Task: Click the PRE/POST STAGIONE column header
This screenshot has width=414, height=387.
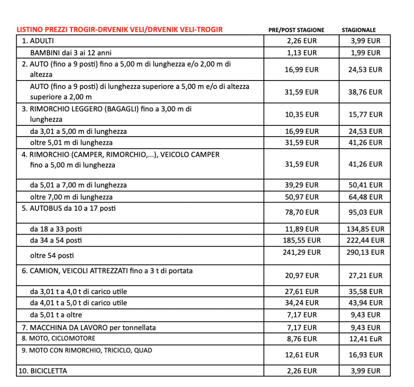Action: click(x=296, y=30)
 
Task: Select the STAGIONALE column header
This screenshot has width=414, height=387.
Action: click(x=359, y=30)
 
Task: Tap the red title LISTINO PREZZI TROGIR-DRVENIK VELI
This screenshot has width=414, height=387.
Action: click(x=119, y=30)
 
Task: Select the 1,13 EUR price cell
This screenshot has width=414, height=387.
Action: click(x=302, y=53)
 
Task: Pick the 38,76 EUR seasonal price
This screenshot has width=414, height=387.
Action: click(x=365, y=92)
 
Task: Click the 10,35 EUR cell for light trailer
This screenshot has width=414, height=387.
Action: click(x=302, y=114)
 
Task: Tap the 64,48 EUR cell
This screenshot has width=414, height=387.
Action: click(x=365, y=197)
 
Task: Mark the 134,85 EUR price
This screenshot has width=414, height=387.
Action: click(x=365, y=229)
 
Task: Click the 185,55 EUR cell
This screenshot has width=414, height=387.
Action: click(x=302, y=240)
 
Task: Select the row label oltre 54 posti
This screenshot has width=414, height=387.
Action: click(x=52, y=256)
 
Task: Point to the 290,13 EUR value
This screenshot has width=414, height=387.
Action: click(x=365, y=252)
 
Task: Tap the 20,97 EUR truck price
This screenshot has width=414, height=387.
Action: click(x=302, y=275)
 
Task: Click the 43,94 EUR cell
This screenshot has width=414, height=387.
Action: click(x=365, y=303)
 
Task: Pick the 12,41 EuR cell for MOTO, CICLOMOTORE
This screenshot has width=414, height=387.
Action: click(x=365, y=338)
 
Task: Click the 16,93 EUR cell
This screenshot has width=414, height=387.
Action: click(x=365, y=355)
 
